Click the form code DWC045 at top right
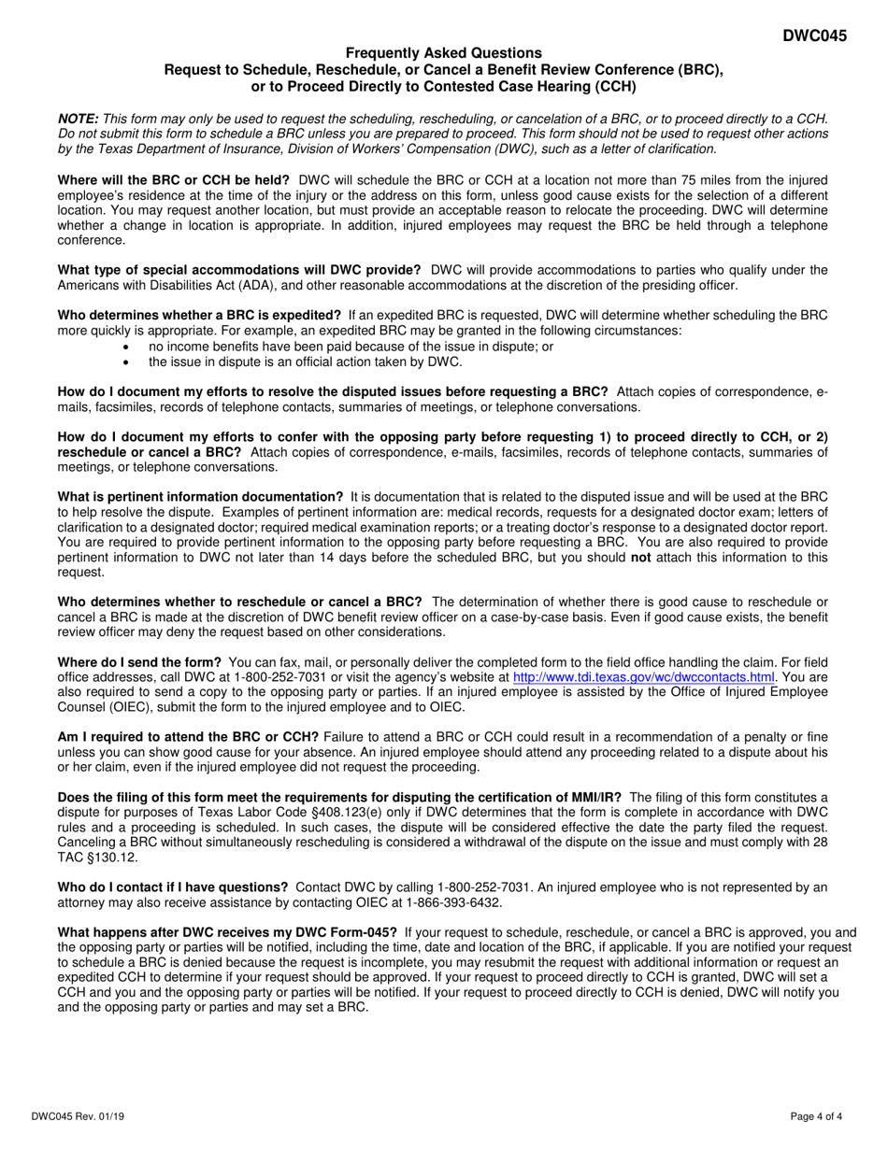click(x=815, y=36)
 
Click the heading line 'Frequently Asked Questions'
click(x=443, y=53)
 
